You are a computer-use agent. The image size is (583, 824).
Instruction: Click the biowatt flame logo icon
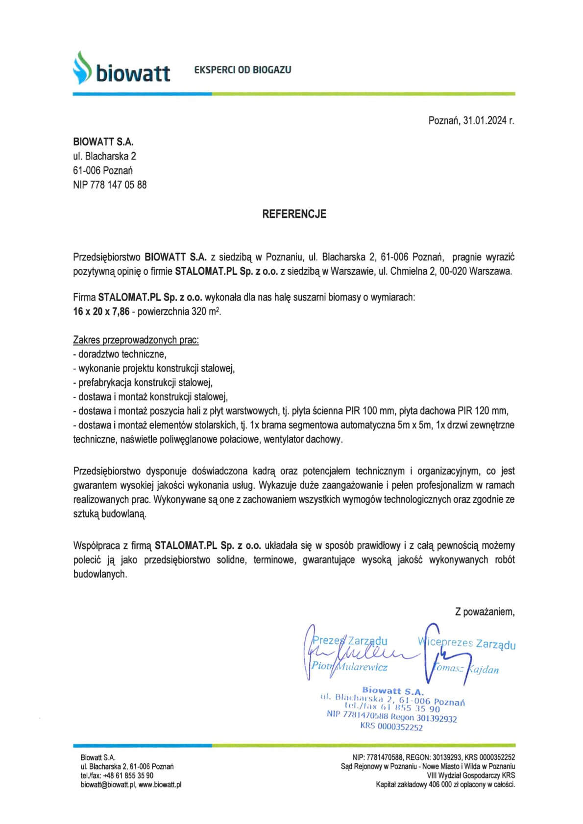point(82,68)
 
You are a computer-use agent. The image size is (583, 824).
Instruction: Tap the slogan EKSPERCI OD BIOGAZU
point(243,70)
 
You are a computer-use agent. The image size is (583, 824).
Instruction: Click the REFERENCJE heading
point(294,214)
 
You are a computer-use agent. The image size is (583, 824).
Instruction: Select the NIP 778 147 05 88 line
point(110,185)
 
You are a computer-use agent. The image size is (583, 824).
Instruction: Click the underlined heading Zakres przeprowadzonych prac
point(136,340)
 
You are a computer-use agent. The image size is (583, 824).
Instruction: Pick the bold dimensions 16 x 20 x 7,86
point(101,311)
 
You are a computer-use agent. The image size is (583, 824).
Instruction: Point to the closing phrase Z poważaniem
point(485,612)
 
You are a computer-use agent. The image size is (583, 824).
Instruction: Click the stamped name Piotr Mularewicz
point(350,667)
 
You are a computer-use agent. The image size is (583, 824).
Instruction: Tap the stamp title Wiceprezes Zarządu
point(467,643)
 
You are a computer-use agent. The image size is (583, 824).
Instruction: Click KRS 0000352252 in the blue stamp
point(391,727)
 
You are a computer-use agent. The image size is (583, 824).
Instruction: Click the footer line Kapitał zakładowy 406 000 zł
point(445,784)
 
